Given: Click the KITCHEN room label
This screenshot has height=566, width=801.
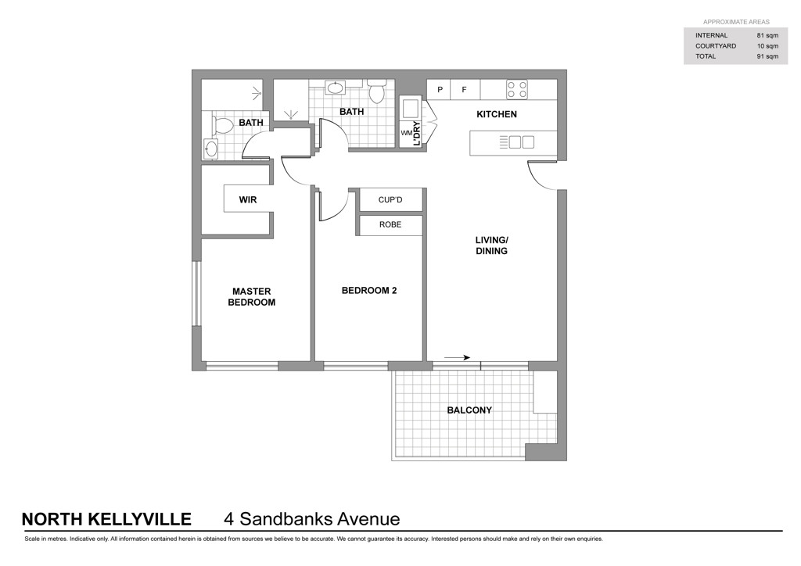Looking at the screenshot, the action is [497, 114].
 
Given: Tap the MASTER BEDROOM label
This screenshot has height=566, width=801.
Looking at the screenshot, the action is [251, 296].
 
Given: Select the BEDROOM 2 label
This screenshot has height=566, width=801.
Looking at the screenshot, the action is [369, 290].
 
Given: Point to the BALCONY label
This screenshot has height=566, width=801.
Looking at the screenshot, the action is [469, 410].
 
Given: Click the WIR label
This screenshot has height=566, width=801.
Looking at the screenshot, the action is [248, 199].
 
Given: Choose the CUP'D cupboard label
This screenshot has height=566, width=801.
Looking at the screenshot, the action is [390, 199].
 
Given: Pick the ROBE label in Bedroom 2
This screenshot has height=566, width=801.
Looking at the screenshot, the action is [390, 224].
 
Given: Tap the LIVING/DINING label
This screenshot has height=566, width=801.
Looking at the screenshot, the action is [491, 245].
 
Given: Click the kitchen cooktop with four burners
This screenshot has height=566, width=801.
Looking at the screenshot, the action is [516, 90].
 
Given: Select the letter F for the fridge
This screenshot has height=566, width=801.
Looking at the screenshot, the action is [465, 90].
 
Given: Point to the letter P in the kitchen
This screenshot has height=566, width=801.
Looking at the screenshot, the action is [440, 90].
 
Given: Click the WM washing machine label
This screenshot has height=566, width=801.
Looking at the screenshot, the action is [406, 133].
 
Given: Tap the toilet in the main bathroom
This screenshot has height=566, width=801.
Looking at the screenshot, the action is [377, 91].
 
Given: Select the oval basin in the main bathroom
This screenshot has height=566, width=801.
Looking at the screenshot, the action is [336, 88].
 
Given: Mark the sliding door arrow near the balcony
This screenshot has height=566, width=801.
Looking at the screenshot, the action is [457, 358].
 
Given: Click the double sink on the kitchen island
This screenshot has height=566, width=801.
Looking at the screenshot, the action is [522, 141].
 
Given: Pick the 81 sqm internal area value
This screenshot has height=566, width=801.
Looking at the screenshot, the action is [767, 35].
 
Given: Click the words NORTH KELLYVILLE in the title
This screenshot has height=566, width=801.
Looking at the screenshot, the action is [106, 519].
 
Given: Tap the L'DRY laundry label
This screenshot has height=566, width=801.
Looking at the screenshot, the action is [416, 134].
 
